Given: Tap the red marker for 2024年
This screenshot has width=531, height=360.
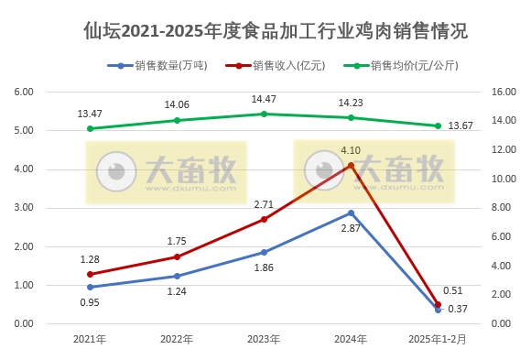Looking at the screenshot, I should click(x=351, y=165).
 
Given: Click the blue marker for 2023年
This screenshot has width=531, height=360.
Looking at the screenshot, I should click(x=264, y=252).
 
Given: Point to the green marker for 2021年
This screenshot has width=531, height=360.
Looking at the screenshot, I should click(x=90, y=128).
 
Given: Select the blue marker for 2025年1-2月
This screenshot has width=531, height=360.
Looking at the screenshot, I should click(x=438, y=310).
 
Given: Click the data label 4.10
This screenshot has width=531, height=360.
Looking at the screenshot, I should click(x=351, y=149).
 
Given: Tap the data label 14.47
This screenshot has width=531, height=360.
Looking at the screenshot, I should click(x=264, y=99).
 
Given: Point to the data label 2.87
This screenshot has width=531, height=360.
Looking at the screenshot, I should click(x=351, y=227).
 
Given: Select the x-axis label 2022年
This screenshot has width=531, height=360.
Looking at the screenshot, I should click(x=177, y=339).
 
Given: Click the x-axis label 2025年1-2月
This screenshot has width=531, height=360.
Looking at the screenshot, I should click(x=437, y=339).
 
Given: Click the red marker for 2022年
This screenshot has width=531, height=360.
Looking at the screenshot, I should click(x=177, y=256).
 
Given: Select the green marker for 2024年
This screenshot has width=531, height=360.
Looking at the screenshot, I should click(x=351, y=117).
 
